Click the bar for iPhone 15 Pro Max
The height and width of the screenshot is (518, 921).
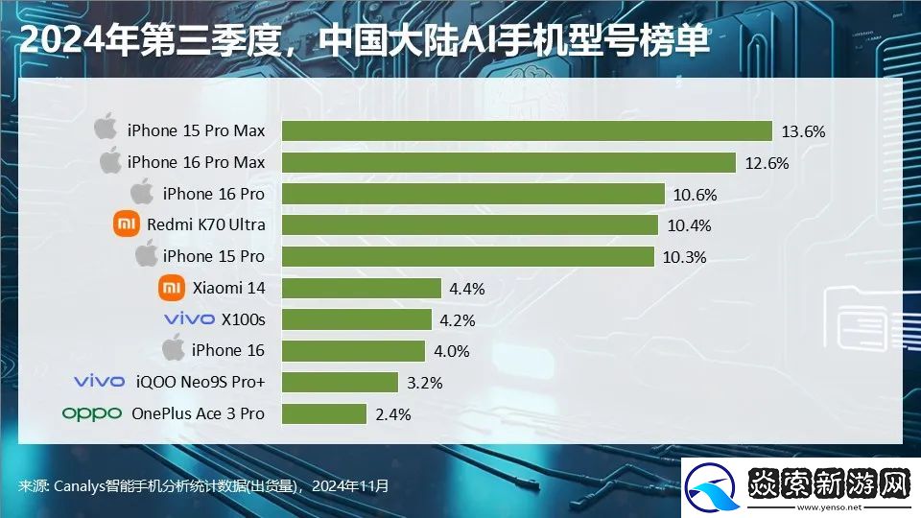(527, 130)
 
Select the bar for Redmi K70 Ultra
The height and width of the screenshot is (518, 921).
(470, 224)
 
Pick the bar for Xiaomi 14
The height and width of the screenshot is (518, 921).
(362, 288)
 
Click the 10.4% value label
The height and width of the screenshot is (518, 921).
(688, 225)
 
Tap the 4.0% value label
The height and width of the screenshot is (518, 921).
(451, 351)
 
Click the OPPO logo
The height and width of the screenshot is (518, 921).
(92, 413)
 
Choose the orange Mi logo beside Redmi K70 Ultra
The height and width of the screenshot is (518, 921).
(127, 224)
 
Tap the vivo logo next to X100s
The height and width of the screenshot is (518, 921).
(189, 319)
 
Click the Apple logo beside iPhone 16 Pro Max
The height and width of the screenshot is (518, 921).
(111, 161)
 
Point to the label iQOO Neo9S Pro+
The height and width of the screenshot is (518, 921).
(199, 382)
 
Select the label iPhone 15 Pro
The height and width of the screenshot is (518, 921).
(213, 256)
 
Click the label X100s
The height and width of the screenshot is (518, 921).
(243, 319)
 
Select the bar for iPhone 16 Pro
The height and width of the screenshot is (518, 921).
(474, 194)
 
